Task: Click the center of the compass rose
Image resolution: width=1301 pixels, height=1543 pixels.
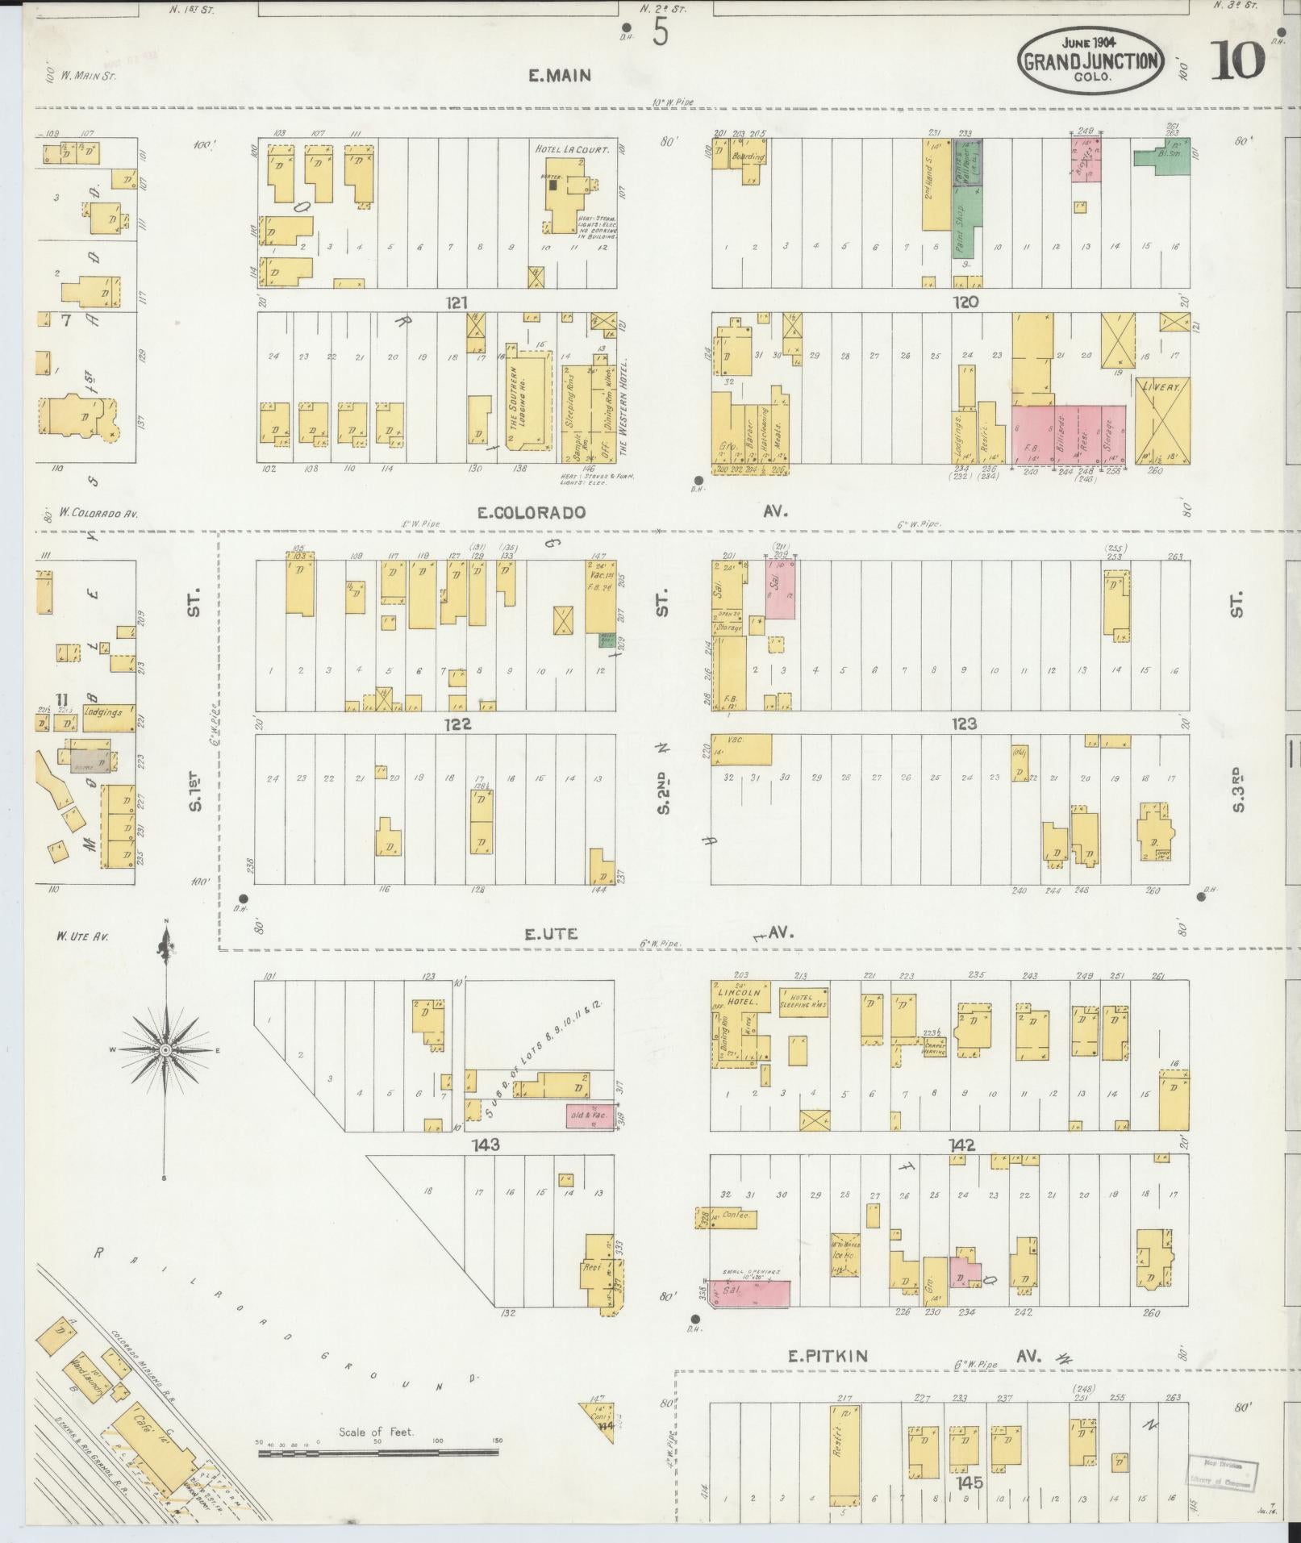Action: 165,1049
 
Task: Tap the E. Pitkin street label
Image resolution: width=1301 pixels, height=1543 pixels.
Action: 828,1356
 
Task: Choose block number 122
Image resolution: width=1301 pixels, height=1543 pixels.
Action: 457,724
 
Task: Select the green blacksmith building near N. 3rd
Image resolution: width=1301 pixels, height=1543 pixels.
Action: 1161,157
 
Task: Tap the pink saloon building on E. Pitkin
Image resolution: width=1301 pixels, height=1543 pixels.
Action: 748,1292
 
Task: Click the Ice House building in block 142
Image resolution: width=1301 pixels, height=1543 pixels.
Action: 846,1255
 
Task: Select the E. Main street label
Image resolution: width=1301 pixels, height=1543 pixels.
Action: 560,76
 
